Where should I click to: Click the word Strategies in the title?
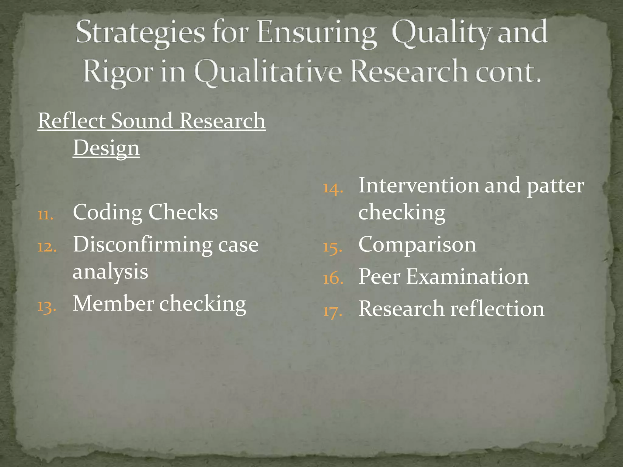coord(140,33)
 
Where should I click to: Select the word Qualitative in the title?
coord(268,72)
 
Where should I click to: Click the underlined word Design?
coord(106,148)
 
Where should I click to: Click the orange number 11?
coord(46,215)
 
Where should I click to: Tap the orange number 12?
coord(47,247)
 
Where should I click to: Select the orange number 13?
coord(47,306)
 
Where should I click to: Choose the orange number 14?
coord(333,188)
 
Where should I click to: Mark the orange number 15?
coord(332,247)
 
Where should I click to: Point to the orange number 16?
coord(333,278)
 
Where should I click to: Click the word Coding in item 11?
coord(108,212)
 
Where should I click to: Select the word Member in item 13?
coord(113,304)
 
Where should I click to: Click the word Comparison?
coord(417,244)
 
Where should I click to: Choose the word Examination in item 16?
coord(468,277)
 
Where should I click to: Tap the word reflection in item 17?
coord(497,309)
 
